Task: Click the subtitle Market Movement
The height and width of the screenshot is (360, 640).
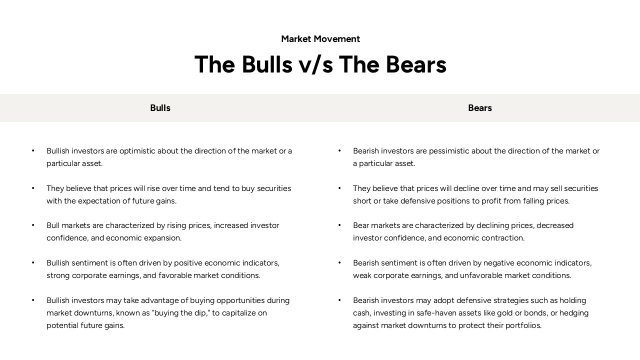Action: coord(320,39)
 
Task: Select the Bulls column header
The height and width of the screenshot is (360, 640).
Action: coord(160,108)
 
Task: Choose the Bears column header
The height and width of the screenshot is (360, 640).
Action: coord(479,108)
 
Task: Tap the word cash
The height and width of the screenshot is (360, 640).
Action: coord(361,313)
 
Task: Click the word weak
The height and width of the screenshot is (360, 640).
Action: coord(362,275)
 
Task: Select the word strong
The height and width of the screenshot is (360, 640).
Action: coord(58,275)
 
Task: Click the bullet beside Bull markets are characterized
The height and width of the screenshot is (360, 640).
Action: coord(33,225)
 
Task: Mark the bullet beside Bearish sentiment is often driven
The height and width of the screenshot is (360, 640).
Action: coord(339,263)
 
